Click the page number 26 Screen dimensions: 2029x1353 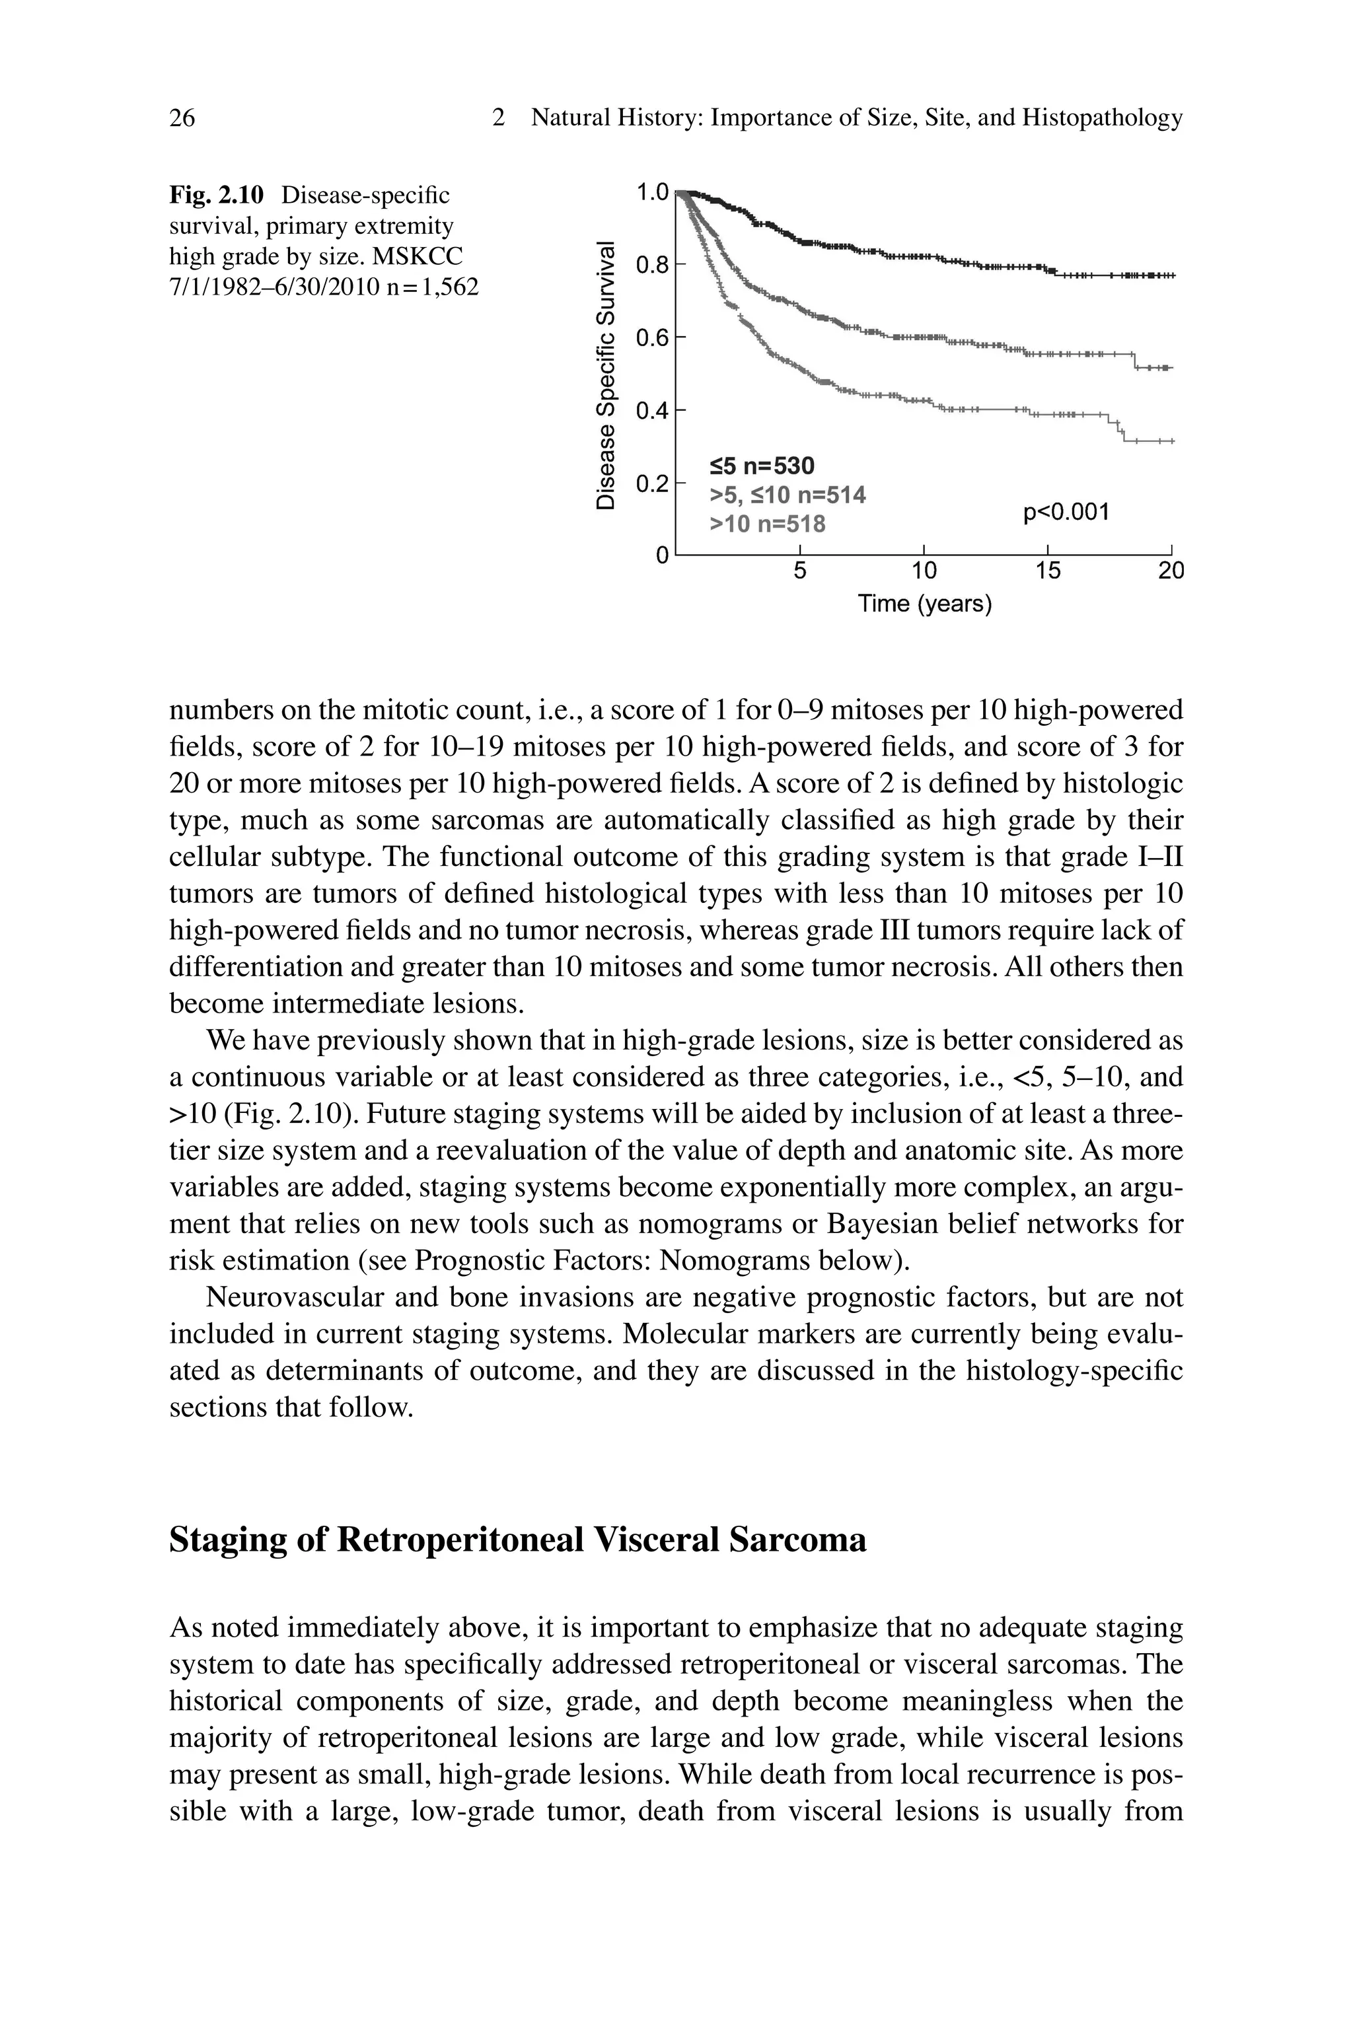(182, 118)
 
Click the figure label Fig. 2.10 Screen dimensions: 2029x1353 (216, 195)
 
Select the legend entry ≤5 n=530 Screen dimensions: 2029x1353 (761, 467)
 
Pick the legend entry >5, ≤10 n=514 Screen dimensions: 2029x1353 (787, 495)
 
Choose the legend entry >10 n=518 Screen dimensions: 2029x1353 (766, 524)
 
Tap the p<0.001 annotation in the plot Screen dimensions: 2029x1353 (1066, 513)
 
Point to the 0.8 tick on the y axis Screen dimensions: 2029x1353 (651, 265)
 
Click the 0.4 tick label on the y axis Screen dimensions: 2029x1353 (651, 411)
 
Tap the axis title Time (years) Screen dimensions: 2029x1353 (924, 604)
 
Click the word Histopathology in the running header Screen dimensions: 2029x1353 (1101, 118)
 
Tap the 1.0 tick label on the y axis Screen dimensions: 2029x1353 (651, 192)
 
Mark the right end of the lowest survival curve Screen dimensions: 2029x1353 (1173, 442)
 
